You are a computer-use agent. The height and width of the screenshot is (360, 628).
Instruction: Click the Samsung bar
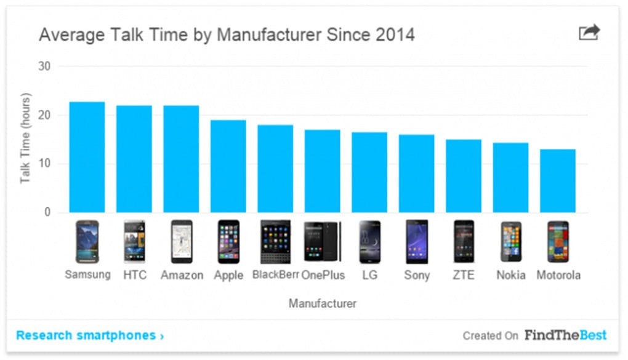[x=87, y=157]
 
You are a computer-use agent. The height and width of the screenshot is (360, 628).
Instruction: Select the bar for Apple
[x=228, y=166]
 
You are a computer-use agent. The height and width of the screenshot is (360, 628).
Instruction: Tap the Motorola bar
[x=558, y=181]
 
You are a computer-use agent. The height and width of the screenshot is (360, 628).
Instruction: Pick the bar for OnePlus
[x=322, y=171]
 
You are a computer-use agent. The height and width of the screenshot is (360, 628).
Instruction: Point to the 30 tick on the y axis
[x=45, y=66]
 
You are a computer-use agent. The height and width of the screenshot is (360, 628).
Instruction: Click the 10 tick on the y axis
[x=45, y=164]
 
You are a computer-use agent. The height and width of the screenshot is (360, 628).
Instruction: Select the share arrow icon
[x=589, y=33]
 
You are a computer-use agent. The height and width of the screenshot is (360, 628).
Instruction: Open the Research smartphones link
[x=90, y=335]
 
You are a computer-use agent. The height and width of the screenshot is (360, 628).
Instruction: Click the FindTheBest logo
[x=565, y=335]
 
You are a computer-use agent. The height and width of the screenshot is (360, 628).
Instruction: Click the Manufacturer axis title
[x=322, y=303]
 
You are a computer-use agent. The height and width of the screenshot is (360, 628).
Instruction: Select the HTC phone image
[x=134, y=242]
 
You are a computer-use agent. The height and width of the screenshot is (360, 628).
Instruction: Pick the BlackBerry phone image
[x=275, y=242]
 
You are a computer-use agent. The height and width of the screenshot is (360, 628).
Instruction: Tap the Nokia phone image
[x=510, y=242]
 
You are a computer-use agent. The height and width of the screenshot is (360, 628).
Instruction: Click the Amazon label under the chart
[x=182, y=275]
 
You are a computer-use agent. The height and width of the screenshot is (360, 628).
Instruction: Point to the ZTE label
[x=464, y=275]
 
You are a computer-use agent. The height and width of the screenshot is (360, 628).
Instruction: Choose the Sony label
[x=417, y=275]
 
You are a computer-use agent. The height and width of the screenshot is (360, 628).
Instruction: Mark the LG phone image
[x=369, y=242]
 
